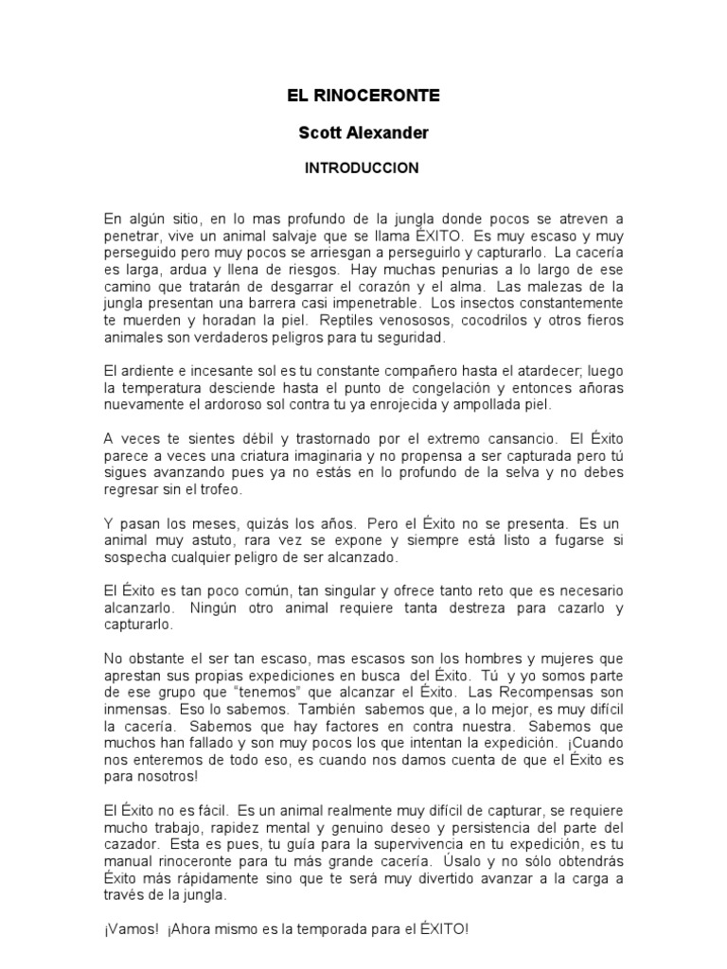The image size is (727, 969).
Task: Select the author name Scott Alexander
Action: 363,132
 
